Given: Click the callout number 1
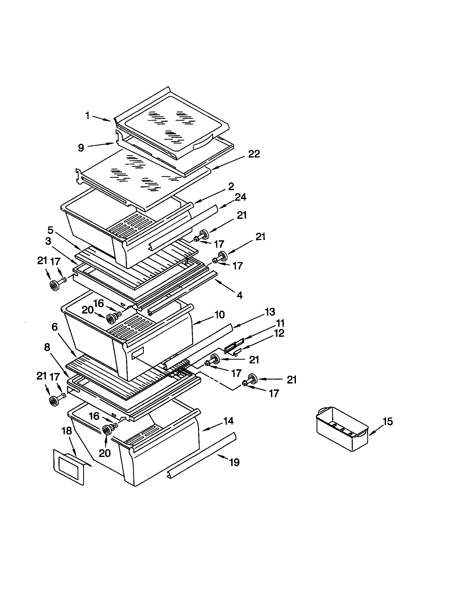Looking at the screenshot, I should (87, 116).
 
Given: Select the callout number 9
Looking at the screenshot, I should (81, 148).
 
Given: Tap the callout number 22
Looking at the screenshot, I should (254, 154).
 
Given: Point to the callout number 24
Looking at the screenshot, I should (240, 197).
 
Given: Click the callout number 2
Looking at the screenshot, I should (231, 186).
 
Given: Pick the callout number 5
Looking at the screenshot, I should (50, 230).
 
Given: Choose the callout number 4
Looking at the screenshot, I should (239, 295).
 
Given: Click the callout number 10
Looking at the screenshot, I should (220, 315).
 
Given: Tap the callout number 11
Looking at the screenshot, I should (280, 323).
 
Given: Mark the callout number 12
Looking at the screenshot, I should (279, 333).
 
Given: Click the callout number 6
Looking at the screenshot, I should (54, 327).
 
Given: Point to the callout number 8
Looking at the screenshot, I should (47, 347).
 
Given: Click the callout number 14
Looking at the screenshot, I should (229, 421).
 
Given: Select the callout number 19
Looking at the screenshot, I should (234, 463).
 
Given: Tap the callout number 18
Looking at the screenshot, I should (67, 431).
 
